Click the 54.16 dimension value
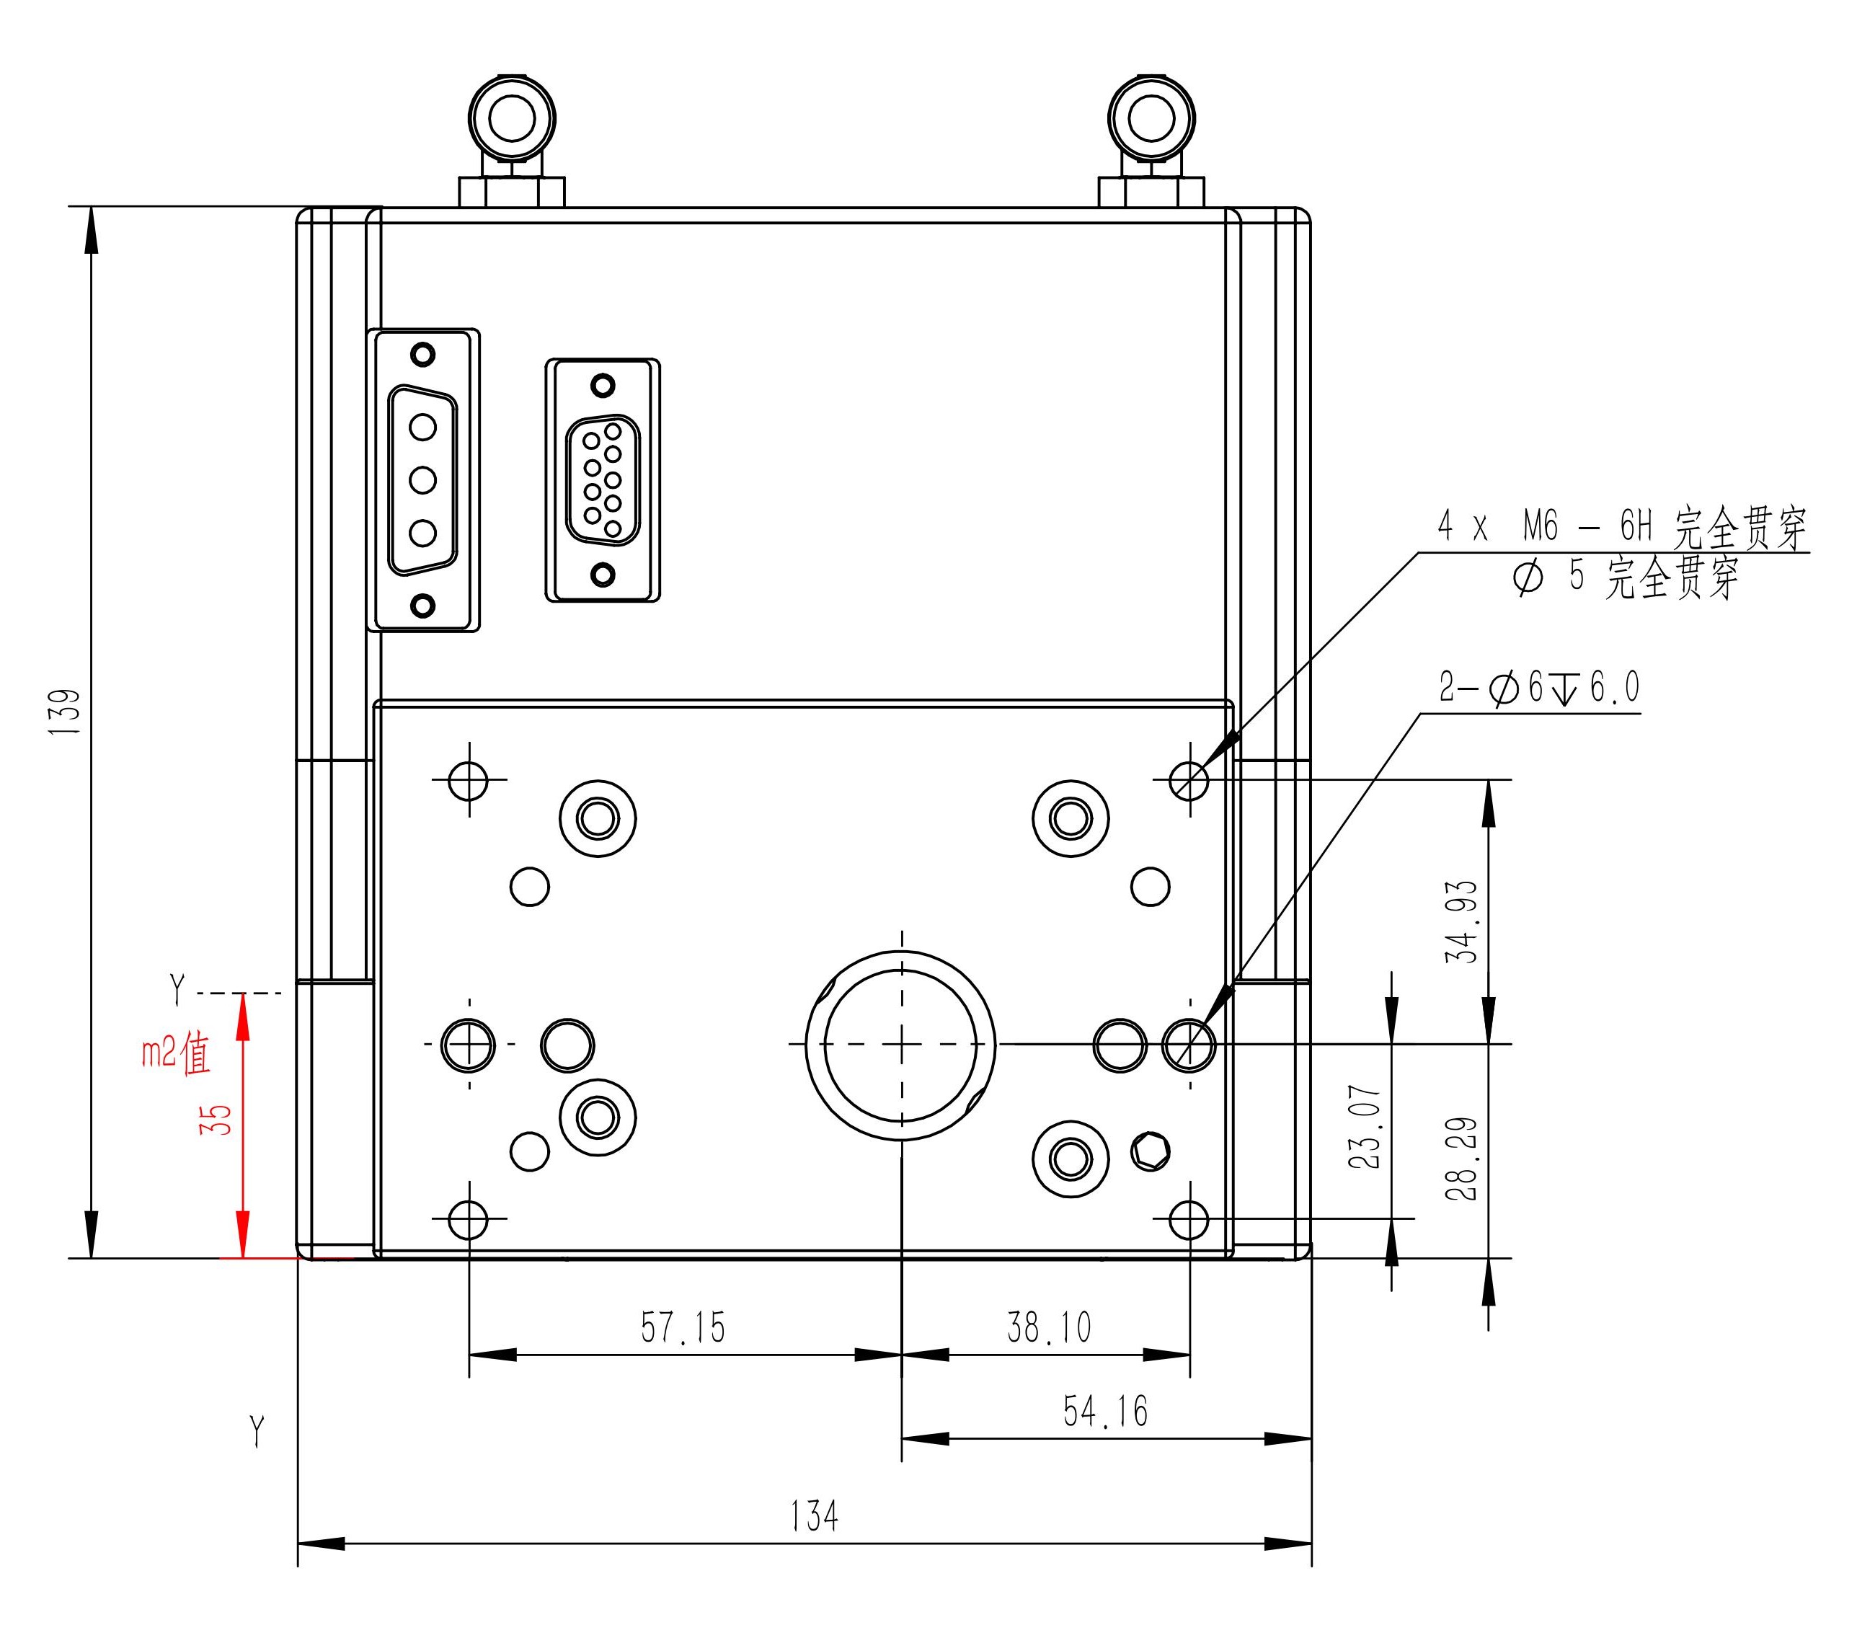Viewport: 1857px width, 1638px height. coord(1106,1412)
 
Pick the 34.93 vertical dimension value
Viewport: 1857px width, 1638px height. coord(1462,922)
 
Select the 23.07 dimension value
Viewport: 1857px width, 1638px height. coord(1365,1127)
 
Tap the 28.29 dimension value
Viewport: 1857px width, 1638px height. coord(1462,1159)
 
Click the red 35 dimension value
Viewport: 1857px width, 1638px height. coord(216,1119)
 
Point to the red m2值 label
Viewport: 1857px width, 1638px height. coord(176,1054)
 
